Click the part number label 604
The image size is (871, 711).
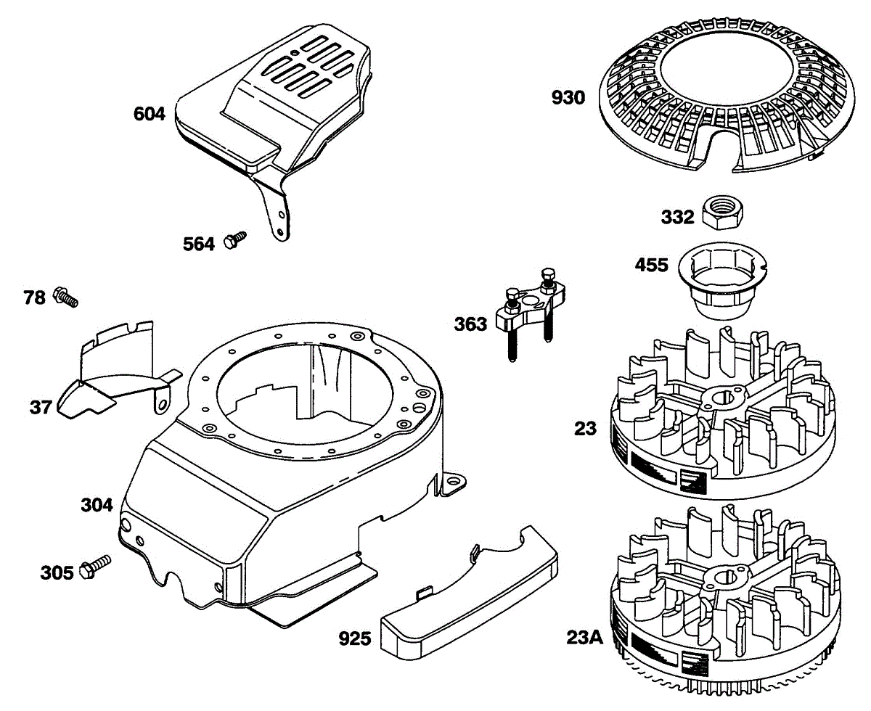[149, 114]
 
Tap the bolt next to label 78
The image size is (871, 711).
[65, 297]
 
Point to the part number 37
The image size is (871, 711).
[41, 407]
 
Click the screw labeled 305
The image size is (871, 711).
[96, 567]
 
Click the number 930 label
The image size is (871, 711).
[568, 98]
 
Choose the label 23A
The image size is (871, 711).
[584, 638]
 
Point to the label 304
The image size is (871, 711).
[97, 505]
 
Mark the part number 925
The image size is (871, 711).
[355, 639]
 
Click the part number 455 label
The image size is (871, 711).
[651, 266]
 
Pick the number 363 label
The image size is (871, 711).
[470, 324]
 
